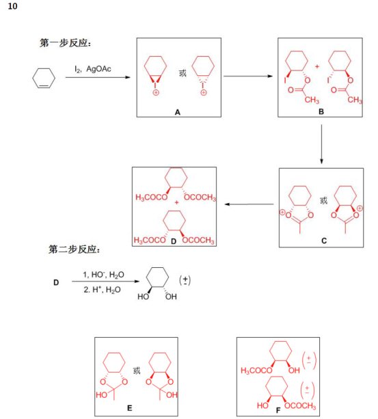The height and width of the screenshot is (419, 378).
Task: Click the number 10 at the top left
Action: (x=12, y=6)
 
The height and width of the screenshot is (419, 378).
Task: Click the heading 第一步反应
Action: (x=65, y=43)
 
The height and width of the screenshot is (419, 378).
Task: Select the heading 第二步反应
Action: (x=74, y=249)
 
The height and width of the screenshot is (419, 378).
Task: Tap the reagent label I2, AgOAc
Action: (x=93, y=69)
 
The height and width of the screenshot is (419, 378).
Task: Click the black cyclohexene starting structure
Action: (x=44, y=78)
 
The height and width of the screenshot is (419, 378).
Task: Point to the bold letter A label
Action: (x=177, y=112)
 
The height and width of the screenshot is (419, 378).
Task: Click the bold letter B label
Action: (x=321, y=111)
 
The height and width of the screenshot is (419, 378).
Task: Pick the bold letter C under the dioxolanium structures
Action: (x=324, y=241)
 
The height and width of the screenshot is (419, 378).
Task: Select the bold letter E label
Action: (x=130, y=408)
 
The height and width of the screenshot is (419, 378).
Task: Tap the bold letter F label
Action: (x=278, y=410)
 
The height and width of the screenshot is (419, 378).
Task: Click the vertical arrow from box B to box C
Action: (x=321, y=144)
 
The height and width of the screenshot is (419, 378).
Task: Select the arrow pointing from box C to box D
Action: (x=249, y=204)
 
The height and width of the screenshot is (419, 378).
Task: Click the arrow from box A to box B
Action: (x=248, y=76)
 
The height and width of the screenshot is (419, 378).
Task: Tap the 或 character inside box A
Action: (x=183, y=73)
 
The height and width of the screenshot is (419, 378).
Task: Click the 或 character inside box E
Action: (x=137, y=370)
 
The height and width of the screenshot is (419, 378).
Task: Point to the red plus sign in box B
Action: (x=317, y=66)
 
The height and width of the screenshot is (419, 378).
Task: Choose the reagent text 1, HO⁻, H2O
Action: (x=103, y=275)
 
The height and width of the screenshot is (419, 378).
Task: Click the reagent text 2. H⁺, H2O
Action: (x=102, y=290)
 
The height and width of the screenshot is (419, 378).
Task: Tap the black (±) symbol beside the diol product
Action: (x=185, y=280)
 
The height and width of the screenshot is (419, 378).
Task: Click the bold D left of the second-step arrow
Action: (x=56, y=282)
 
